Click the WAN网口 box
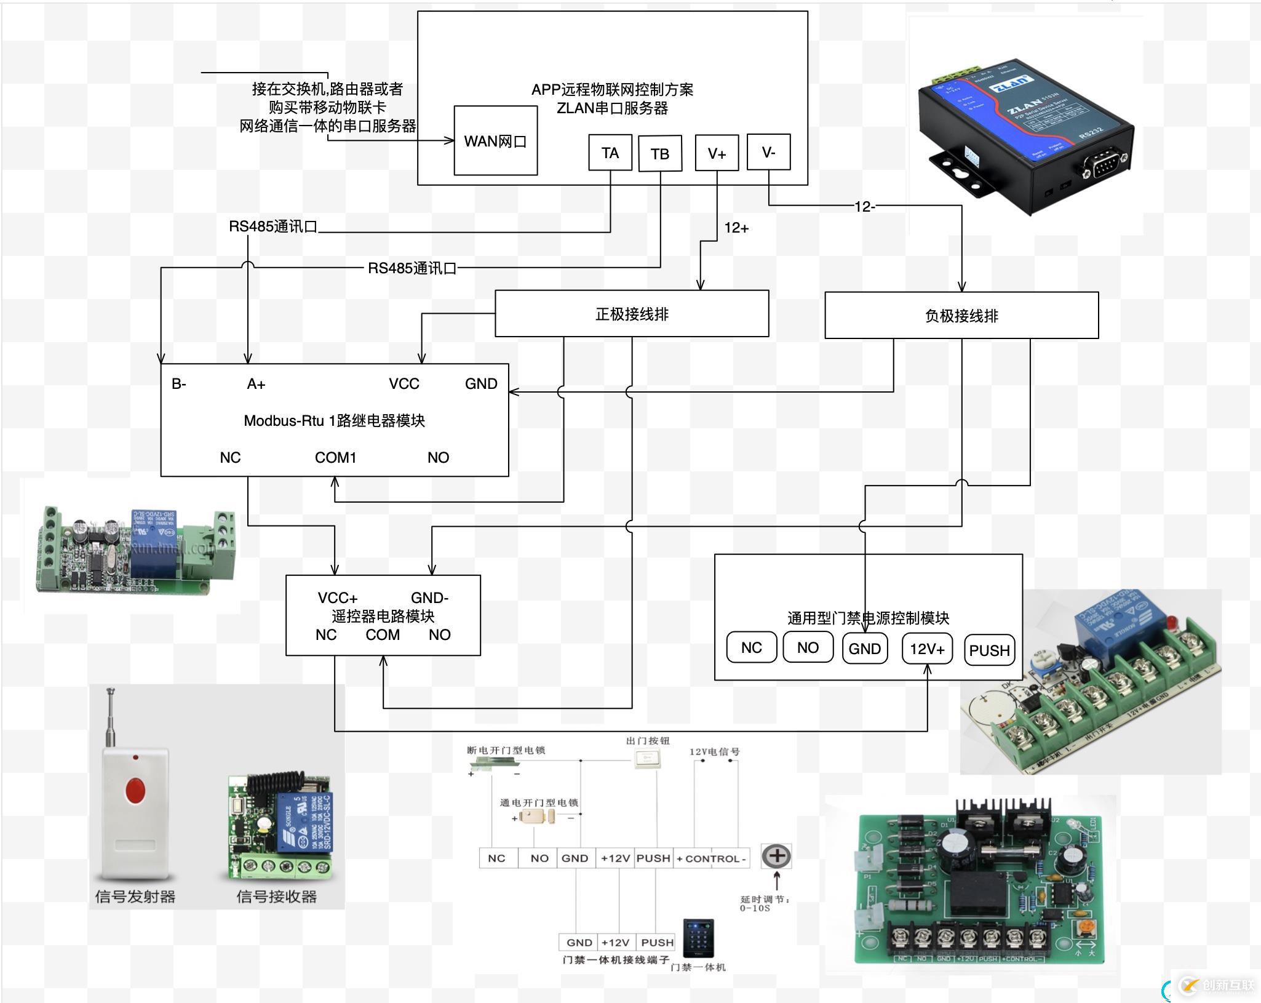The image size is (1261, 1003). pos(495,141)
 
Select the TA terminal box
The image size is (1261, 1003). pos(610,153)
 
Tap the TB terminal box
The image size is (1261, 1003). pos(660,153)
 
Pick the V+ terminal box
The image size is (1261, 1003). pos(717,153)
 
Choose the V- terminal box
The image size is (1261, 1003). pos(768,152)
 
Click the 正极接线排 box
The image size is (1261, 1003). pos(632,314)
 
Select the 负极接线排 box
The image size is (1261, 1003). pos(961,316)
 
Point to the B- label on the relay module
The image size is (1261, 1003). pos(179,384)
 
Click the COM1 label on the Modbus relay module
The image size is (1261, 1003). pos(335,457)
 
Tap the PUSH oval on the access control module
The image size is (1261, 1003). pos(989,650)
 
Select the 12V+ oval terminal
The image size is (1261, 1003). pos(927,649)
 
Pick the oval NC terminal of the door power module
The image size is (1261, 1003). pos(751,647)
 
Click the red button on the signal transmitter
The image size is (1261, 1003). pos(135,791)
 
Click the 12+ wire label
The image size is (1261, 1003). pos(736,228)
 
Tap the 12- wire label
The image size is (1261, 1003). pos(864,207)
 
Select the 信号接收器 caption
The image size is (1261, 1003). pos(276,897)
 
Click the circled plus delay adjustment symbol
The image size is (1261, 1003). pos(776,855)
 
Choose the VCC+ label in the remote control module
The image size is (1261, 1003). pos(337,597)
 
